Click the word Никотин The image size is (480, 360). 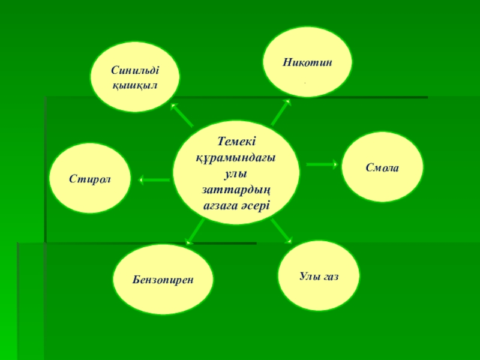click(308, 62)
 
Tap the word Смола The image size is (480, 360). click(382, 167)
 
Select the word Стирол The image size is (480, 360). click(91, 178)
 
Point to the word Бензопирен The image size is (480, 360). click(164, 280)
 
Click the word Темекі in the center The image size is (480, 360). click(236, 141)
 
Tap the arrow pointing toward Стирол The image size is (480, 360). click(154, 179)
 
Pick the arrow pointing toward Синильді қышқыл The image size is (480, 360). click(182, 114)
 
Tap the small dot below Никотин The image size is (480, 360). click(305, 82)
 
